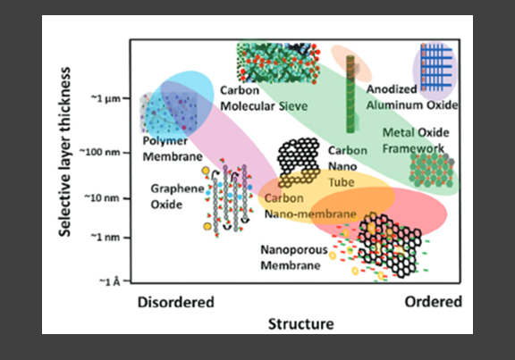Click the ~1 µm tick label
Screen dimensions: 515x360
(106, 98)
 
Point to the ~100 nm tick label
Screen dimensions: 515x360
(100, 152)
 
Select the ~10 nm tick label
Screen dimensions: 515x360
(102, 198)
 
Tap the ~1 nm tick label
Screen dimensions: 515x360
(106, 237)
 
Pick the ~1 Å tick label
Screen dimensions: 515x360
(110, 281)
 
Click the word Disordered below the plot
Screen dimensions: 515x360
(176, 302)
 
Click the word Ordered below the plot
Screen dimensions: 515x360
(434, 302)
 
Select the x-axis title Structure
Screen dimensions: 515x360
(300, 324)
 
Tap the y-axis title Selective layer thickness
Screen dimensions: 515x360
(64, 152)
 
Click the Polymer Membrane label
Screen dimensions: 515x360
(173, 148)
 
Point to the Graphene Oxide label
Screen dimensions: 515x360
(177, 197)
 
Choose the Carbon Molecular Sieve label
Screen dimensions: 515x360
(264, 98)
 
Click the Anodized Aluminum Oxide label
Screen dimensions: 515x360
(412, 97)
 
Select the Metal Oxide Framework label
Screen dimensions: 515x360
(416, 140)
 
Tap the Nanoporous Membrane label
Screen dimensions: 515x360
(294, 257)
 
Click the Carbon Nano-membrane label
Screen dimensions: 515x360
(310, 206)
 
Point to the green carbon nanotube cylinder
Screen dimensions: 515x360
(350, 94)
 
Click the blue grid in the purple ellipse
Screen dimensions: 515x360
(436, 67)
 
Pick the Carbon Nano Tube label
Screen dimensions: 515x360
(348, 166)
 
